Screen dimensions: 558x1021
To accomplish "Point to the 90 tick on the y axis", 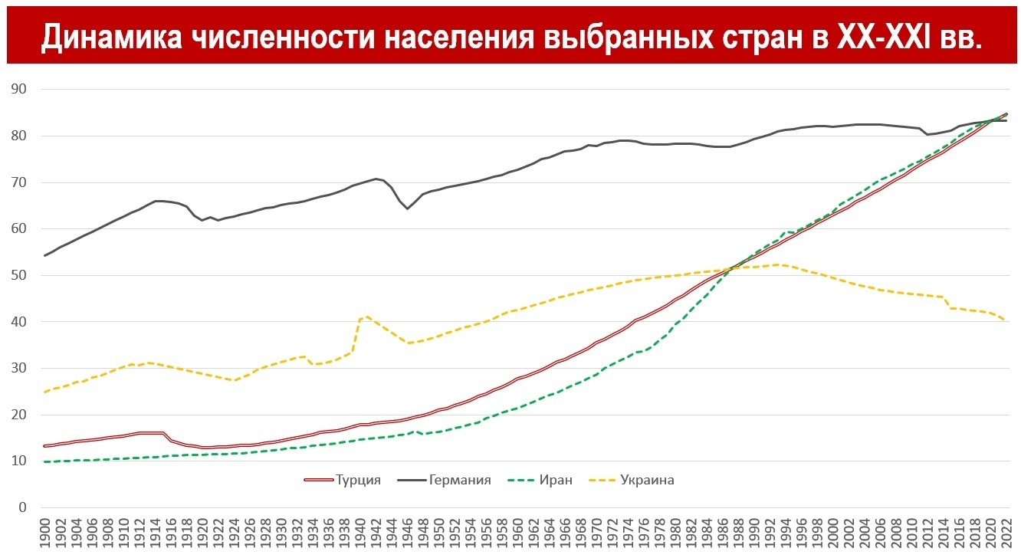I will click(x=19, y=89).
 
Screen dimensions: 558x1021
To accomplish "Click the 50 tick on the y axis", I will click(x=19, y=275).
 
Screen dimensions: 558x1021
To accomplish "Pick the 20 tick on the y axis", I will click(x=19, y=415).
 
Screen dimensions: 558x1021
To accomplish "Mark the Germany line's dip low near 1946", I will click(x=407, y=208).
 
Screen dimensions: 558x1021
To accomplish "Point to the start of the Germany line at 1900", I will click(x=45, y=255).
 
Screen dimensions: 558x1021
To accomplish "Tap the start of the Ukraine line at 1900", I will click(x=45, y=392).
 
